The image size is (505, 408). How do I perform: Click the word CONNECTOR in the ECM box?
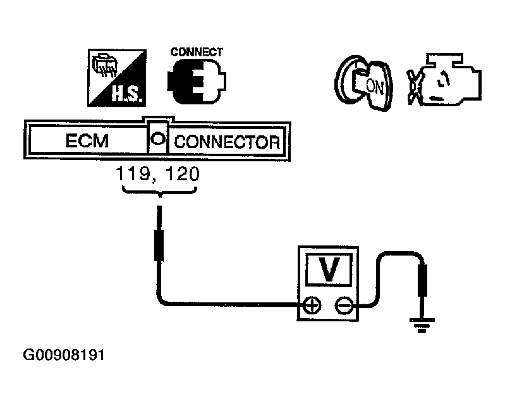tap(226, 141)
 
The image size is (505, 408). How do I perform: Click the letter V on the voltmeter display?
tap(328, 270)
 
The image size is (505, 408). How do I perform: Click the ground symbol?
tap(421, 326)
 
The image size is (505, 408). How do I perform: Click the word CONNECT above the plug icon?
tap(197, 52)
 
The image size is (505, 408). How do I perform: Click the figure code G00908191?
tap(63, 355)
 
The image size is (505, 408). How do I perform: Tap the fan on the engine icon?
tap(415, 84)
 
